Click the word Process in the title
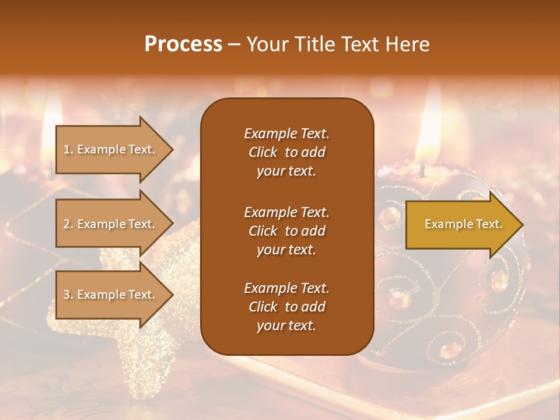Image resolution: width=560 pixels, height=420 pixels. pos(183,44)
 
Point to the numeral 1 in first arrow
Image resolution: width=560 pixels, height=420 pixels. pos(66,149)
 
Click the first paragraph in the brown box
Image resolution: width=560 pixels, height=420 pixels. pos(286,152)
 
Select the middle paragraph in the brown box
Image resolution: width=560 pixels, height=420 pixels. pos(286,230)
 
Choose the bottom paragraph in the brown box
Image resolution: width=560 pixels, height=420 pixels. pos(286,307)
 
